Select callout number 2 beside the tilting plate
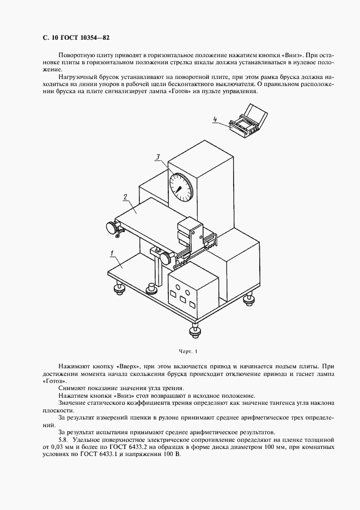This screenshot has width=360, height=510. click(x=125, y=197)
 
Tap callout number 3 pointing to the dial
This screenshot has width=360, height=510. click(x=157, y=157)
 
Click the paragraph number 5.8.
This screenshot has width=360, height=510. click(x=65, y=439)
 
